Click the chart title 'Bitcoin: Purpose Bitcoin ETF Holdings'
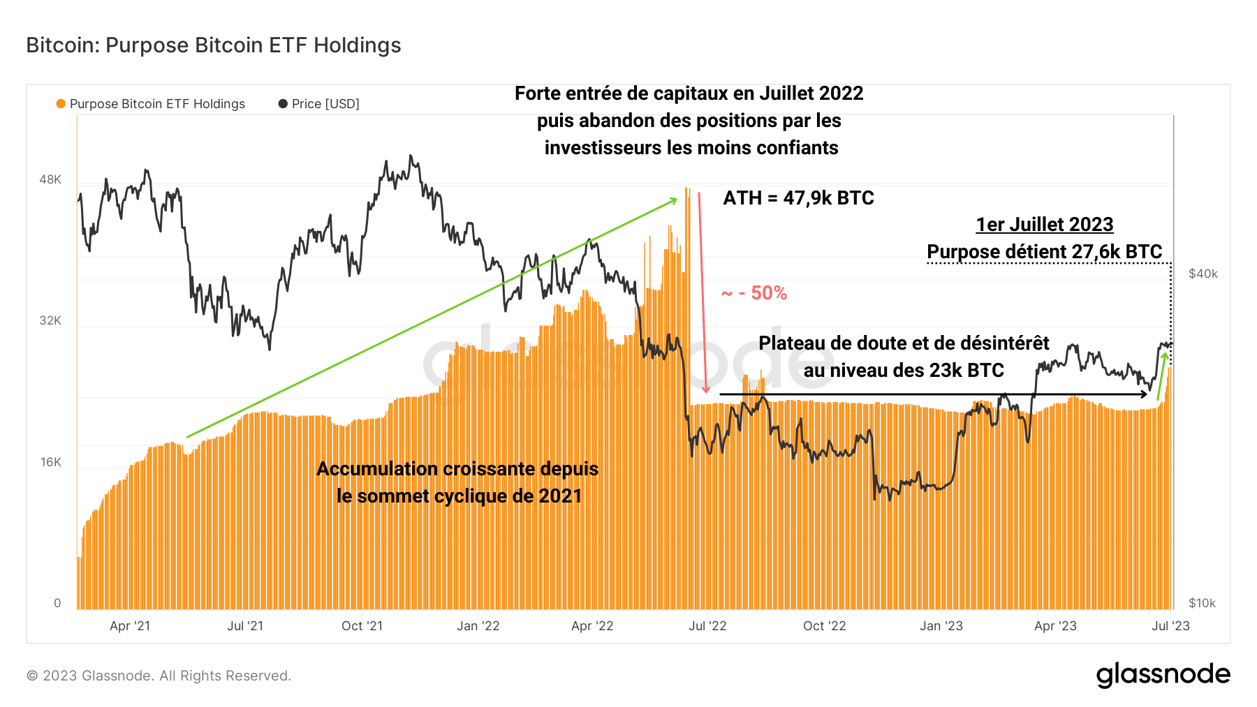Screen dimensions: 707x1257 (214, 45)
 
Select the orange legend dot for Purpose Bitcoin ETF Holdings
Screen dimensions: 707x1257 (61, 104)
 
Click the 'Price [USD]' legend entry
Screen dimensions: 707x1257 (325, 104)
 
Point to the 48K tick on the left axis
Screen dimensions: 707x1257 (50, 179)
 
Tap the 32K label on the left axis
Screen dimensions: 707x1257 (50, 320)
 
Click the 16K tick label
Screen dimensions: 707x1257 (51, 462)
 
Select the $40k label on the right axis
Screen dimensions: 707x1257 (1203, 274)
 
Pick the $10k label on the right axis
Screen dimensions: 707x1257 (1202, 603)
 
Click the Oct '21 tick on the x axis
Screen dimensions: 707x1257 (362, 626)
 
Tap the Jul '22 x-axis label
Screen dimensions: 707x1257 (707, 626)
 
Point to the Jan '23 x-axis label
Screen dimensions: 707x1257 (941, 626)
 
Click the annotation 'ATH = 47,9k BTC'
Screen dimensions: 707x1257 (798, 198)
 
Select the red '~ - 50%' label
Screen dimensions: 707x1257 (754, 293)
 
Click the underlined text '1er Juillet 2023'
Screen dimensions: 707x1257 (1044, 225)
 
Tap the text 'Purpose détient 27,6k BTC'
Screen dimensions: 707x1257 (1044, 252)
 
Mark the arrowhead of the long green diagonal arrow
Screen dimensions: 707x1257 (675, 200)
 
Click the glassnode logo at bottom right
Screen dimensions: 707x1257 (1163, 675)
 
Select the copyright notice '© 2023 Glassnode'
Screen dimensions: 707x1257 (159, 676)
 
